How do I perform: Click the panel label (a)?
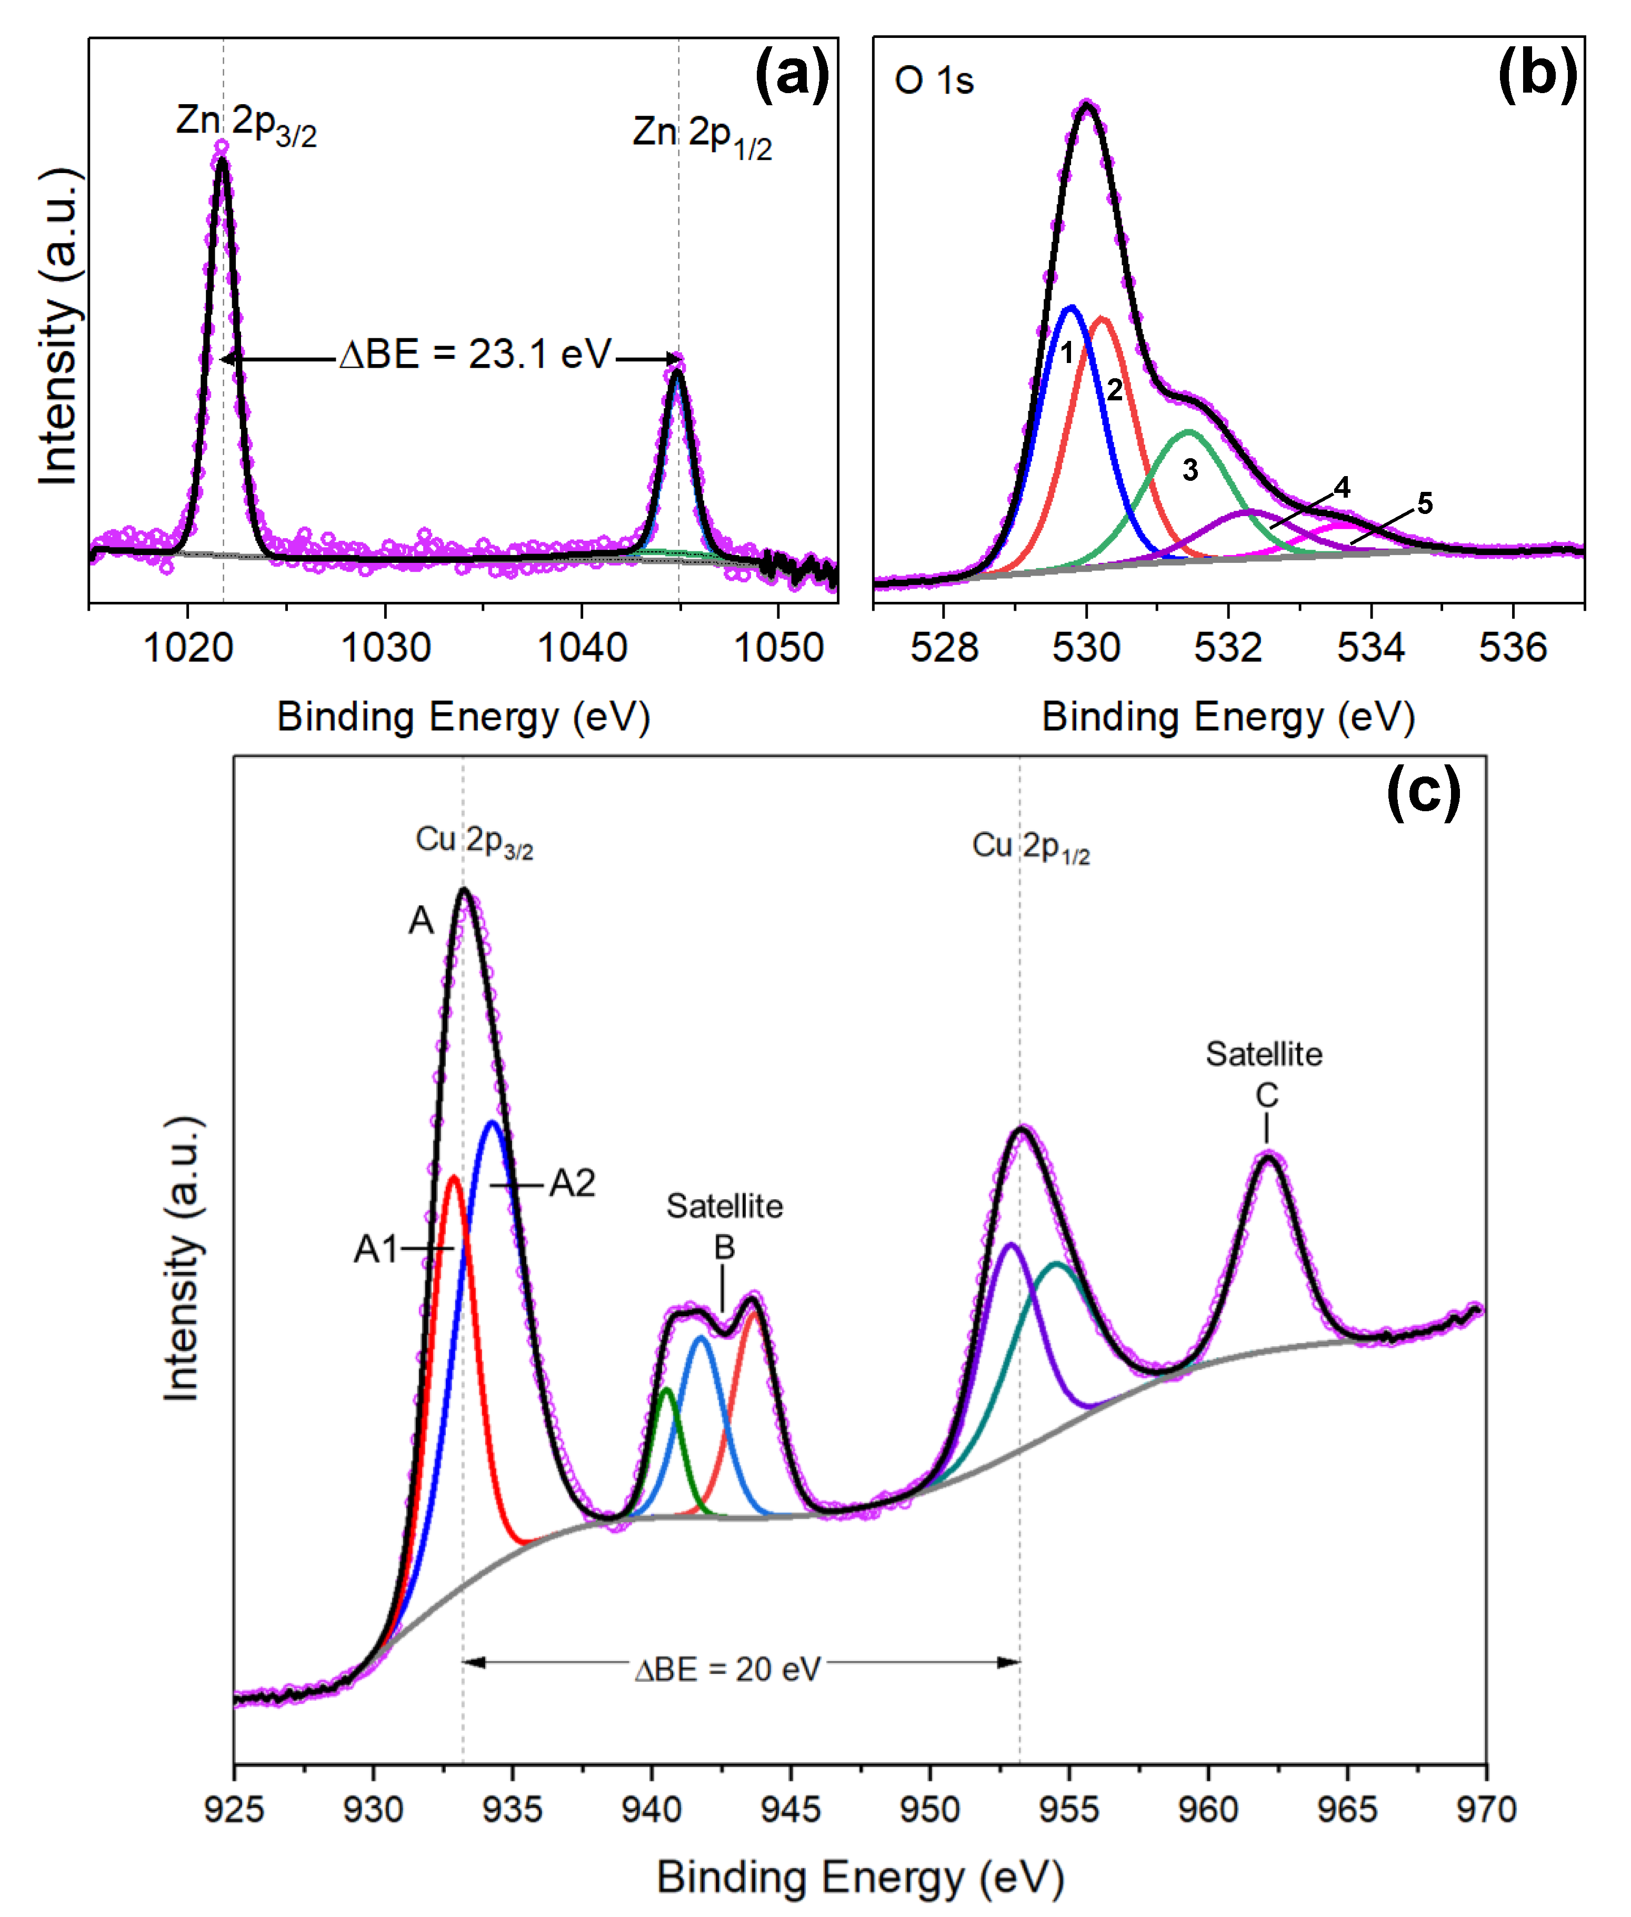(792, 74)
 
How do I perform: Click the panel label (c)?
(1423, 791)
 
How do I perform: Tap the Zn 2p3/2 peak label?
(246, 125)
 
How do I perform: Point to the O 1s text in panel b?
(934, 82)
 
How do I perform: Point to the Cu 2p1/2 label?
(1030, 846)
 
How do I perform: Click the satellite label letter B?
(724, 1248)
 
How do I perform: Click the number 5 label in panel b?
(1425, 504)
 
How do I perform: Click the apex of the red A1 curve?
(453, 1177)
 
